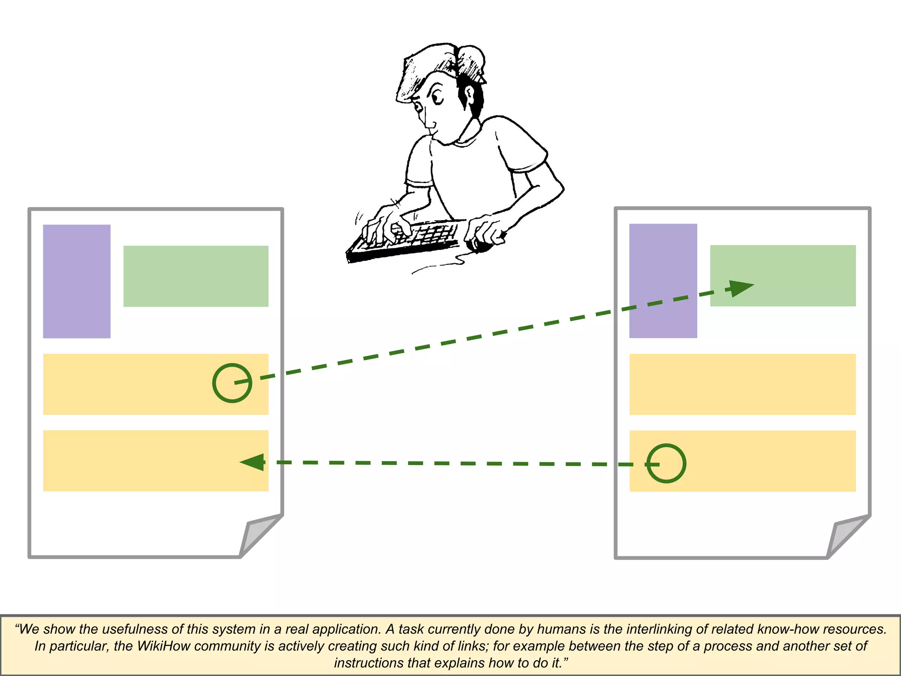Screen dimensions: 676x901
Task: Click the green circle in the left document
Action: (232, 382)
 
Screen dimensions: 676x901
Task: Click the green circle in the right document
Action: (666, 463)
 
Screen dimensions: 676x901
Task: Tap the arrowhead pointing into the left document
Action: (253, 462)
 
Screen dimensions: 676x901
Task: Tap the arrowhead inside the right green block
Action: (741, 288)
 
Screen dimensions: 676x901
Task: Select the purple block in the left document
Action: (77, 281)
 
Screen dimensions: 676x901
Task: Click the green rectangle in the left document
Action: (196, 276)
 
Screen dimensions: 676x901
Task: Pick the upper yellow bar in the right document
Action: (742, 384)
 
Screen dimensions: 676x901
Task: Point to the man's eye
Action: (437, 96)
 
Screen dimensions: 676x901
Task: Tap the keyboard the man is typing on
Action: (409, 240)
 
